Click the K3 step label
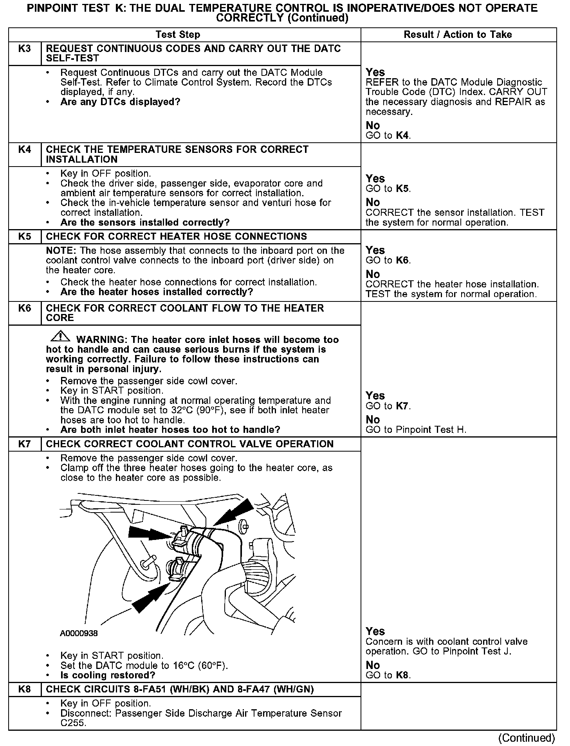(x=24, y=49)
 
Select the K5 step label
(x=24, y=237)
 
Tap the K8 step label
(x=24, y=689)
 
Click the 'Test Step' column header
(x=178, y=35)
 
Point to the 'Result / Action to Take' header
(x=458, y=35)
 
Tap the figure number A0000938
(x=79, y=633)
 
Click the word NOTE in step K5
(x=57, y=251)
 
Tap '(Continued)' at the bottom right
(x=526, y=738)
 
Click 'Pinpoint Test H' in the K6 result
(x=431, y=430)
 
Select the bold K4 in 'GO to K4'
(x=403, y=136)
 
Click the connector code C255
(x=73, y=723)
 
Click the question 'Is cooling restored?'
(x=108, y=675)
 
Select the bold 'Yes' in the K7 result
(x=375, y=631)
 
